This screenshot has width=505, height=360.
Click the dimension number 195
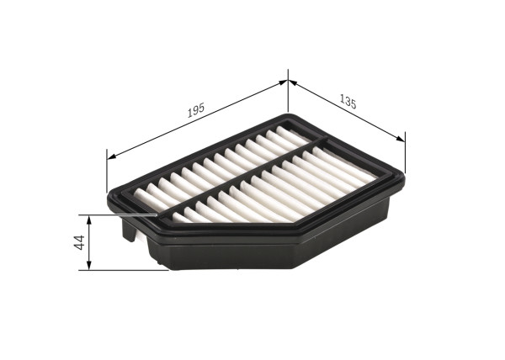(x=195, y=109)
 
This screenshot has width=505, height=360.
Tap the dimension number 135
(x=347, y=103)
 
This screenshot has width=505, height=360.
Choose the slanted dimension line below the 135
(x=345, y=110)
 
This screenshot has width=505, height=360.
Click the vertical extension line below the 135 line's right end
(x=405, y=156)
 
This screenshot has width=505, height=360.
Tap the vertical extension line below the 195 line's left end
(x=108, y=172)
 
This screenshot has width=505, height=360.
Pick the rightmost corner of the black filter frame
(x=403, y=175)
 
